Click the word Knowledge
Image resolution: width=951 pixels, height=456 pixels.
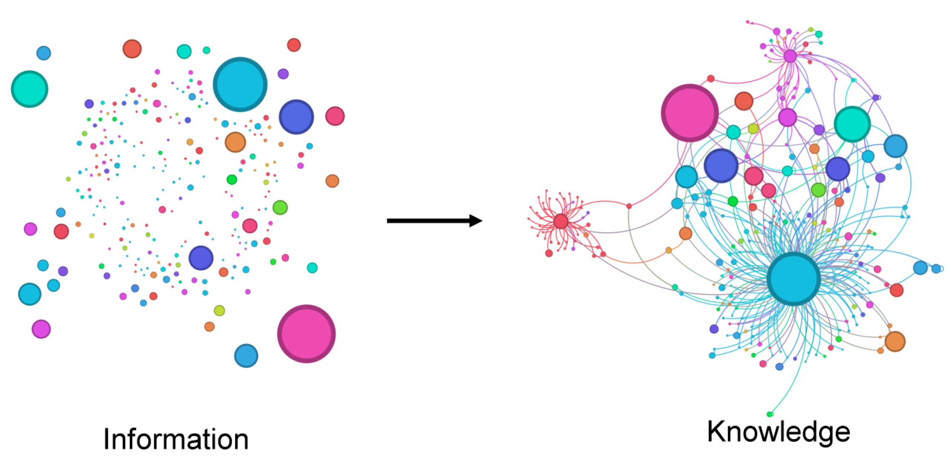pos(778,432)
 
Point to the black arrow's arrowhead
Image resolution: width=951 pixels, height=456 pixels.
pos(476,221)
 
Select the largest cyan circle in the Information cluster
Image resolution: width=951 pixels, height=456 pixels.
pos(240,84)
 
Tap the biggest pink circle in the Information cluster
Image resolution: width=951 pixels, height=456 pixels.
pos(306,333)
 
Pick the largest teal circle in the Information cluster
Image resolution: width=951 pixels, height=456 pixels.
pos(29,89)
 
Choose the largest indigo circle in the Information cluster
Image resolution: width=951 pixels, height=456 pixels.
pos(296,117)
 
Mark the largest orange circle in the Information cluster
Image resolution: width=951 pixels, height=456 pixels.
pos(235,142)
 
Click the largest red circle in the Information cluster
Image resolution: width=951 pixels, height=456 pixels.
pos(132,49)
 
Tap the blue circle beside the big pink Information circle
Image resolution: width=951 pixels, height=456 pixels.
pos(246,356)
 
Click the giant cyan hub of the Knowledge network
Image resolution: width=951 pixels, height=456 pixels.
pos(794,279)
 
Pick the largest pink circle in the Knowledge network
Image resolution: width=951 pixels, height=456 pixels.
pos(689,113)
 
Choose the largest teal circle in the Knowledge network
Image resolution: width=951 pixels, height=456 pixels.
pos(852,124)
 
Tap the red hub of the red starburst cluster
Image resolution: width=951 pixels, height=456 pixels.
pos(561,221)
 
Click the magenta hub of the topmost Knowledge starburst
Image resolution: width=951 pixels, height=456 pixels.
pos(790,56)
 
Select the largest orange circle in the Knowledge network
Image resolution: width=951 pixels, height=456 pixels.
pos(895,341)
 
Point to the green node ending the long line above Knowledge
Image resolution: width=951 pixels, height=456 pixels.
pos(770,414)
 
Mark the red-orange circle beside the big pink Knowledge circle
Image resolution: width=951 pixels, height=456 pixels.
pos(744,101)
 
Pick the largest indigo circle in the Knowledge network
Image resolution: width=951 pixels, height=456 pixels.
pos(721,166)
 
